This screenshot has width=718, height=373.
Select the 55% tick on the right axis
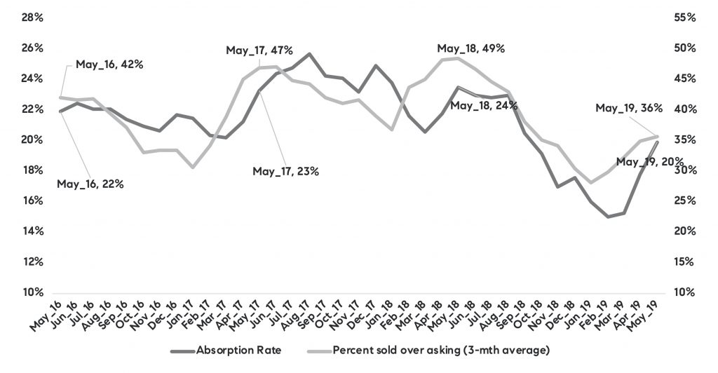[x=684, y=18]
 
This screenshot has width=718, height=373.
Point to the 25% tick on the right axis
[x=684, y=201]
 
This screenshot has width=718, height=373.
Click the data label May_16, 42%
[x=109, y=64]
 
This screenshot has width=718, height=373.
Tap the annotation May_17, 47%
[x=259, y=50]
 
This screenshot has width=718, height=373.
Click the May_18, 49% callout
[x=470, y=48]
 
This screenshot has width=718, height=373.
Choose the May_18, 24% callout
[x=484, y=106]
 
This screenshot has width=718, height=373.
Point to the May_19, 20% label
[x=649, y=162]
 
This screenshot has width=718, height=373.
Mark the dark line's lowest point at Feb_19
[x=608, y=217]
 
